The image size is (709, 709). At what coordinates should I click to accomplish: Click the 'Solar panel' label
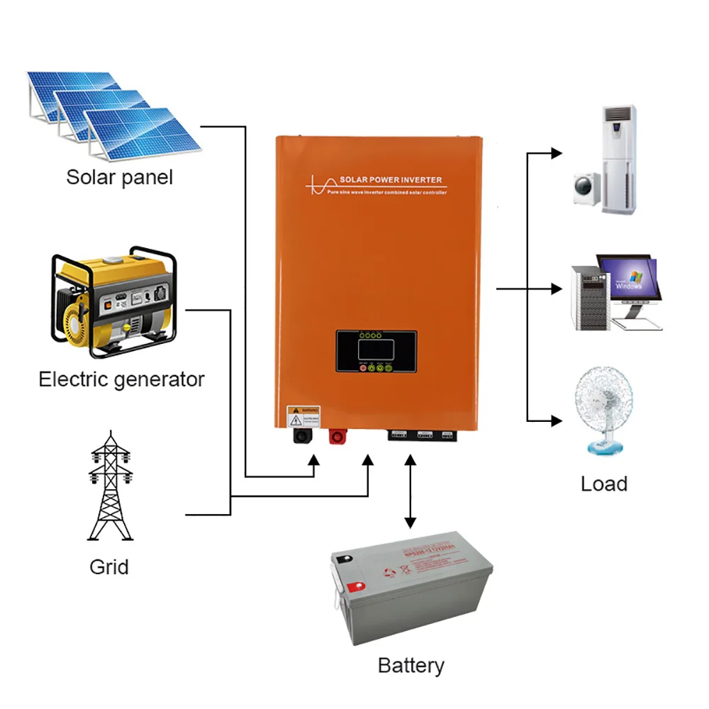[x=119, y=177]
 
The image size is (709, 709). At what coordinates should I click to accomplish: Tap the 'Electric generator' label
[x=121, y=379]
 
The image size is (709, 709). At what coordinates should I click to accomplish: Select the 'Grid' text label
[x=109, y=566]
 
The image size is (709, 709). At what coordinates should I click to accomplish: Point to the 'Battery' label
[x=411, y=666]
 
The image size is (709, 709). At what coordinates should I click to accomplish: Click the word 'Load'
[x=603, y=484]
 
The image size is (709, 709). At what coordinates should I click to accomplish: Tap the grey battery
[x=411, y=588]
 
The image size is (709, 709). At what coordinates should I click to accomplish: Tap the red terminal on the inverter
[x=335, y=435]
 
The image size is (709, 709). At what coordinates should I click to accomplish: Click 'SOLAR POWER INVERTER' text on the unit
[x=391, y=180]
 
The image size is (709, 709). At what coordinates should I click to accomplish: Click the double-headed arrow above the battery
[x=410, y=491]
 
